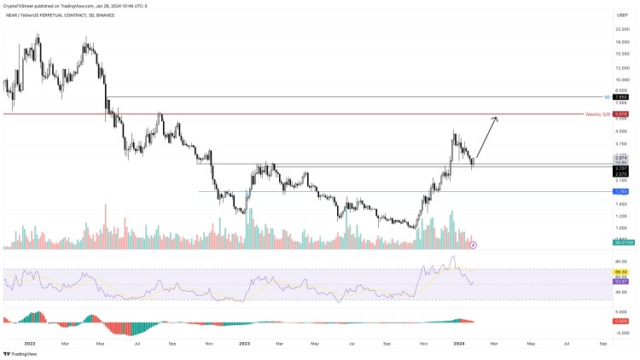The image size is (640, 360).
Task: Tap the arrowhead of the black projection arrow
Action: (496, 118)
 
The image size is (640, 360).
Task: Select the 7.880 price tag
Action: (622, 97)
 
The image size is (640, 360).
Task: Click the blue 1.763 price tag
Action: (622, 191)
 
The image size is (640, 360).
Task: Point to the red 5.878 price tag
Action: (622, 113)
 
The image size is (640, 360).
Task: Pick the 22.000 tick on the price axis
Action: (622, 29)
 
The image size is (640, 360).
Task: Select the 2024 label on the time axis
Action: (457, 342)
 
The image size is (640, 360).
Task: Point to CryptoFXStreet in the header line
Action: (21, 6)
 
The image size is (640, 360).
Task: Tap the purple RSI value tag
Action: (622, 282)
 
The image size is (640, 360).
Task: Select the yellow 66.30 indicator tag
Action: (622, 270)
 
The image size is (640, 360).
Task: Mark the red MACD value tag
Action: (622, 322)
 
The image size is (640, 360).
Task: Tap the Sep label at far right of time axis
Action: (603, 342)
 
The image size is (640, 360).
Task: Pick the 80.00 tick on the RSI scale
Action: (622, 261)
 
